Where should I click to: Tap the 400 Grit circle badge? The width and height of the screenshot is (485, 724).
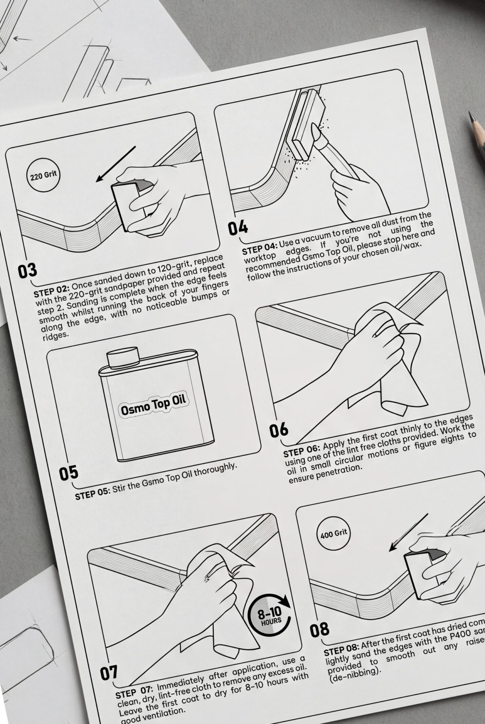click(334, 533)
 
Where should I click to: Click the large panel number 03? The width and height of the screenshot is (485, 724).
click(27, 271)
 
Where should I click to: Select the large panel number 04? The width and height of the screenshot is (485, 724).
click(238, 228)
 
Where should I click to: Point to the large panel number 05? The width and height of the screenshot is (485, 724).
click(69, 473)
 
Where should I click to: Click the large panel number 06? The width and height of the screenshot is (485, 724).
click(279, 431)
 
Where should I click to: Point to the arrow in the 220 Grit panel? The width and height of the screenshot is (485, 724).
click(115, 164)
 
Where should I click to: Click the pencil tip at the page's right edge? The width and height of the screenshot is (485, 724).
click(471, 117)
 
